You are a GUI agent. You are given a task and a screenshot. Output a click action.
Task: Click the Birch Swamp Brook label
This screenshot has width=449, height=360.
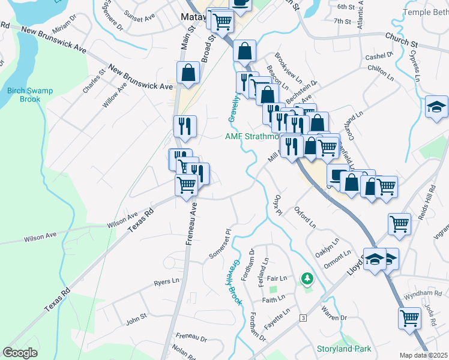[30, 95]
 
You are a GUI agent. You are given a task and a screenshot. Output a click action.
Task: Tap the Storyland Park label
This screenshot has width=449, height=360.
[344, 349]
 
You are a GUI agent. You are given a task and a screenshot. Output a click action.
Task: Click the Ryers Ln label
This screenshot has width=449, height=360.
[166, 281]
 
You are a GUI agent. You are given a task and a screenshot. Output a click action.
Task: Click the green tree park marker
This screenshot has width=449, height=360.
[307, 278]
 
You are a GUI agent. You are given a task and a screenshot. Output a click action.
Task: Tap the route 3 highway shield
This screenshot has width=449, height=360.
[304, 317]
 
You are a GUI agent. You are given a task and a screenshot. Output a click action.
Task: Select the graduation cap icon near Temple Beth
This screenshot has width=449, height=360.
[436, 107]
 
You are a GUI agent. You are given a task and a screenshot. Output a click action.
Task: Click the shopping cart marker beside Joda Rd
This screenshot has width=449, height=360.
[410, 318]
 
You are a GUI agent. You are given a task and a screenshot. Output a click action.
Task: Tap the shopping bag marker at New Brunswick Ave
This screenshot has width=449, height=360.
[188, 73]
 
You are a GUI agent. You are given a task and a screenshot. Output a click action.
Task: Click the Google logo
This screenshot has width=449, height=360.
[20, 353]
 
